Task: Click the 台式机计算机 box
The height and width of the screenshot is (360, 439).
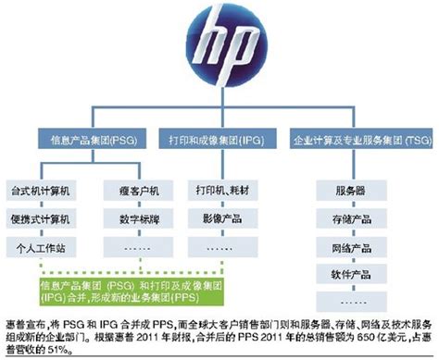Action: pos(44,190)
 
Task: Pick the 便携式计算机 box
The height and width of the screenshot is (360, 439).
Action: pos(44,219)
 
